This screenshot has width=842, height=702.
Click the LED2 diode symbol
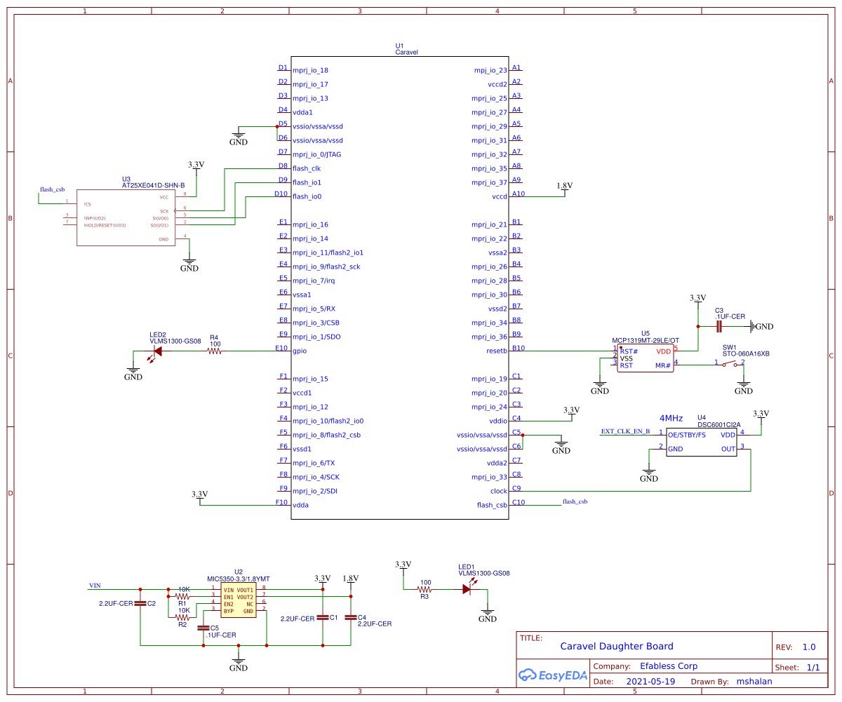[157, 351]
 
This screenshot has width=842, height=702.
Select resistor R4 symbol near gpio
[214, 351]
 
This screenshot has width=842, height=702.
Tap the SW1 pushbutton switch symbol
[730, 364]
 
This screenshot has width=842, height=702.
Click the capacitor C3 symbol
[719, 326]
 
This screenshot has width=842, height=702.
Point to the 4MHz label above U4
[671, 418]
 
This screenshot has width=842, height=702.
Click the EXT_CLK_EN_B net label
[625, 431]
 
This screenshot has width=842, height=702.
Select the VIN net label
[95, 585]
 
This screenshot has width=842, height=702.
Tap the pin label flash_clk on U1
[307, 168]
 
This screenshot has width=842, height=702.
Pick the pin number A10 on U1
[518, 194]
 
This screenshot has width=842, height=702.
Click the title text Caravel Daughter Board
[616, 647]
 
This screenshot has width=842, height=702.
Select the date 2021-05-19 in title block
[650, 681]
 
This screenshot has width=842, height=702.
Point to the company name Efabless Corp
[669, 666]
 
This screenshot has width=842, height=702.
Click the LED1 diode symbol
[467, 590]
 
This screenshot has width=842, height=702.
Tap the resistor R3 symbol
[425, 590]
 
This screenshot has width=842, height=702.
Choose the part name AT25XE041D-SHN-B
[153, 185]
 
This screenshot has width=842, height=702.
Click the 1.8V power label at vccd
[564, 186]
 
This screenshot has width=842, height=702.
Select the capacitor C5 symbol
[203, 628]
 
